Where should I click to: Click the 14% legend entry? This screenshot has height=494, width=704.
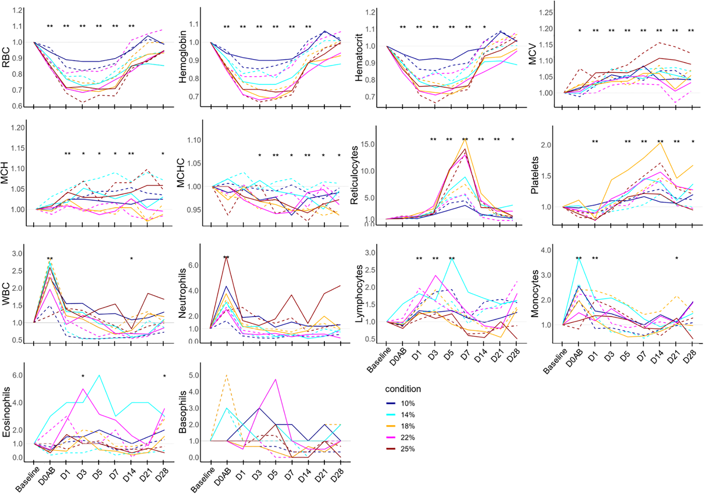[407, 415]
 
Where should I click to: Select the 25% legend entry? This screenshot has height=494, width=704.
[407, 449]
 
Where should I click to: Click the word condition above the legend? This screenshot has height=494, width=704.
[403, 389]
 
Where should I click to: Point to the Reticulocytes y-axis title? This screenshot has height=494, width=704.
[354, 175]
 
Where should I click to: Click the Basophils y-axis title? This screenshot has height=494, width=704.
[183, 412]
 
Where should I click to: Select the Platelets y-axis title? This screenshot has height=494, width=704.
[535, 175]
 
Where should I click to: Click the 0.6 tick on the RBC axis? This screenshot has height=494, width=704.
[17, 106]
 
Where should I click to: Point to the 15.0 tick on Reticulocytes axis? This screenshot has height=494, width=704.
[368, 145]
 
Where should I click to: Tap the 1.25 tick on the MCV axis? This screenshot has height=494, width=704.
[546, 13]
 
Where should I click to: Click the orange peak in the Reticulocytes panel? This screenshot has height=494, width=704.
[465, 138]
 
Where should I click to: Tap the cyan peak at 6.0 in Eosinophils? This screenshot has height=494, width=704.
[99, 375]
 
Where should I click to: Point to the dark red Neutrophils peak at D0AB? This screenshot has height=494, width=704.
[226, 257]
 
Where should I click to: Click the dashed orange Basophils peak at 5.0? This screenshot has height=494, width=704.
[226, 375]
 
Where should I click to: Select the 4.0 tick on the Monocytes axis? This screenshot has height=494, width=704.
[546, 250]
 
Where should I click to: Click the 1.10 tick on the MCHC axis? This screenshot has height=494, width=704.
[194, 140]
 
